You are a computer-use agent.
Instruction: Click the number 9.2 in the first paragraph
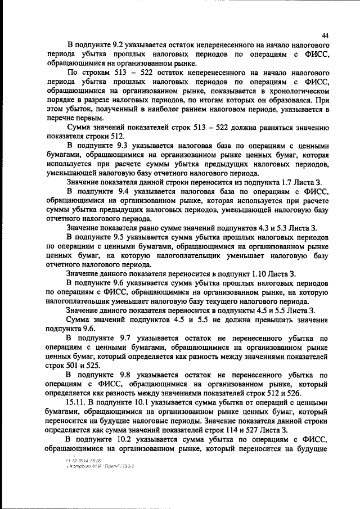click(120, 44)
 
